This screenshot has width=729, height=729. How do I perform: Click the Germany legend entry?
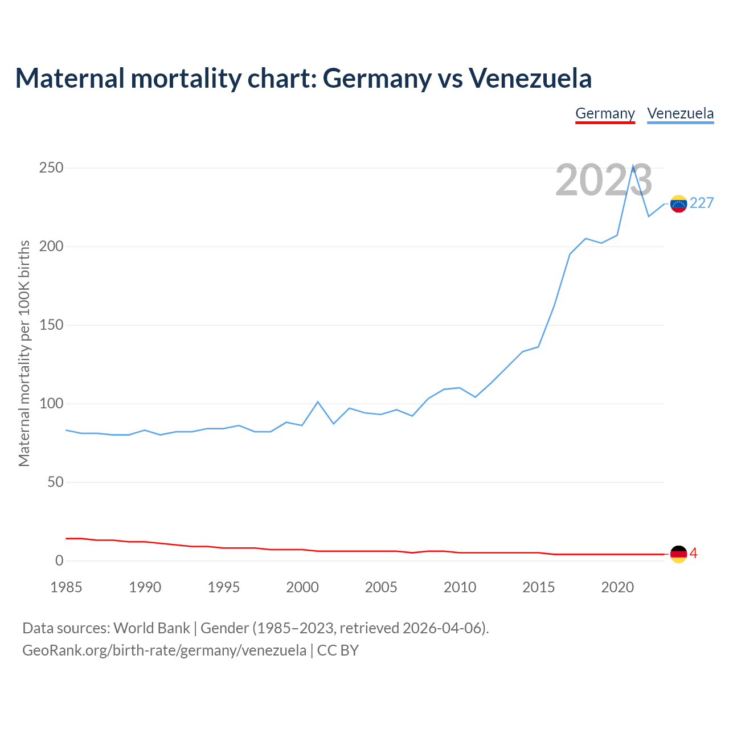point(605,113)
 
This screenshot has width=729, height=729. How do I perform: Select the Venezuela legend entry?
point(680,113)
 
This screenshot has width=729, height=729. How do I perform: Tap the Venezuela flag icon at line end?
point(678,204)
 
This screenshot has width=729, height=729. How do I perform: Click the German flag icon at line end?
point(678,554)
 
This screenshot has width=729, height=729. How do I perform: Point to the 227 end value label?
point(702,203)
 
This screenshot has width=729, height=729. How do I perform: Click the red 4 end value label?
point(694,554)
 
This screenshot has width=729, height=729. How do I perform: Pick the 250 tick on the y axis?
point(51,168)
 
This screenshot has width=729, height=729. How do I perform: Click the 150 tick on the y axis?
point(51,325)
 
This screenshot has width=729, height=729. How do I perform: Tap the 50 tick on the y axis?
point(55,482)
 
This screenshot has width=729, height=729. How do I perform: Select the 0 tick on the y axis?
point(59,561)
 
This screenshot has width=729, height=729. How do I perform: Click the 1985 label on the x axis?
point(66,587)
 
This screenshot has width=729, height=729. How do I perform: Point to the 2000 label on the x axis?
point(302,587)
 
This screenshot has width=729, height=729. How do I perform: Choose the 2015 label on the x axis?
point(538,587)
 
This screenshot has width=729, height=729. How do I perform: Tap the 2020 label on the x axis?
point(617,587)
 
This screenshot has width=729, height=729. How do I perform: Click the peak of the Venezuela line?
point(633,166)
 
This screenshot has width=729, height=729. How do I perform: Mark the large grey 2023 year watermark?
point(604,180)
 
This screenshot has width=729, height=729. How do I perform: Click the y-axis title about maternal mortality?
point(24,353)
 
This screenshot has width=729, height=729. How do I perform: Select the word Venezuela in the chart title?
point(530,78)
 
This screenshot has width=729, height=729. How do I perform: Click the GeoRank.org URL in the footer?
point(164,650)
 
